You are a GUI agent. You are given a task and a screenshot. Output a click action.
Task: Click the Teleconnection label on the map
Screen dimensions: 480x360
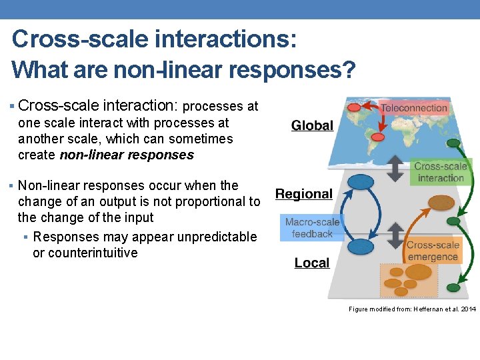[x=413, y=108]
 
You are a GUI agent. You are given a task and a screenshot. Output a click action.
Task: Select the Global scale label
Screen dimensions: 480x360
[x=312, y=125]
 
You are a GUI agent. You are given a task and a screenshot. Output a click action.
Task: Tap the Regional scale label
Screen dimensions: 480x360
[x=304, y=194]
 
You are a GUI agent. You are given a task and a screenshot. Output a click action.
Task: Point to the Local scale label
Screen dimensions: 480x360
[x=312, y=263]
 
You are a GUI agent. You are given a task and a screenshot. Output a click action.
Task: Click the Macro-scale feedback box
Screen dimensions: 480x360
[x=312, y=228]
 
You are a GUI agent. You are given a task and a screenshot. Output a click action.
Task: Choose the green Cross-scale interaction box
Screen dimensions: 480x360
[x=441, y=172]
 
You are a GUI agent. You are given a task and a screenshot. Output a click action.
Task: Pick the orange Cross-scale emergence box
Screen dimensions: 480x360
[x=433, y=251]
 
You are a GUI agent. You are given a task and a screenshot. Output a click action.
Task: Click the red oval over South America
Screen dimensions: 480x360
[x=377, y=137]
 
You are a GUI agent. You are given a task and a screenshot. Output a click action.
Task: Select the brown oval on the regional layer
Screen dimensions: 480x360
[x=440, y=202]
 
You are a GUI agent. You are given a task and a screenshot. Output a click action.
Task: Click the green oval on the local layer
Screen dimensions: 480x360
[x=453, y=287]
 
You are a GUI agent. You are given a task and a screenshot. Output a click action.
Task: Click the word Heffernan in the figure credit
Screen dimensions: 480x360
[x=430, y=309]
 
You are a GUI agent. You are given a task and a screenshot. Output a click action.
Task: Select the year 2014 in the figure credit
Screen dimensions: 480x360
[x=469, y=309]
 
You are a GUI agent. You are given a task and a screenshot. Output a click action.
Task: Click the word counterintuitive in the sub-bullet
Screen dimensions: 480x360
[x=85, y=253]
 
